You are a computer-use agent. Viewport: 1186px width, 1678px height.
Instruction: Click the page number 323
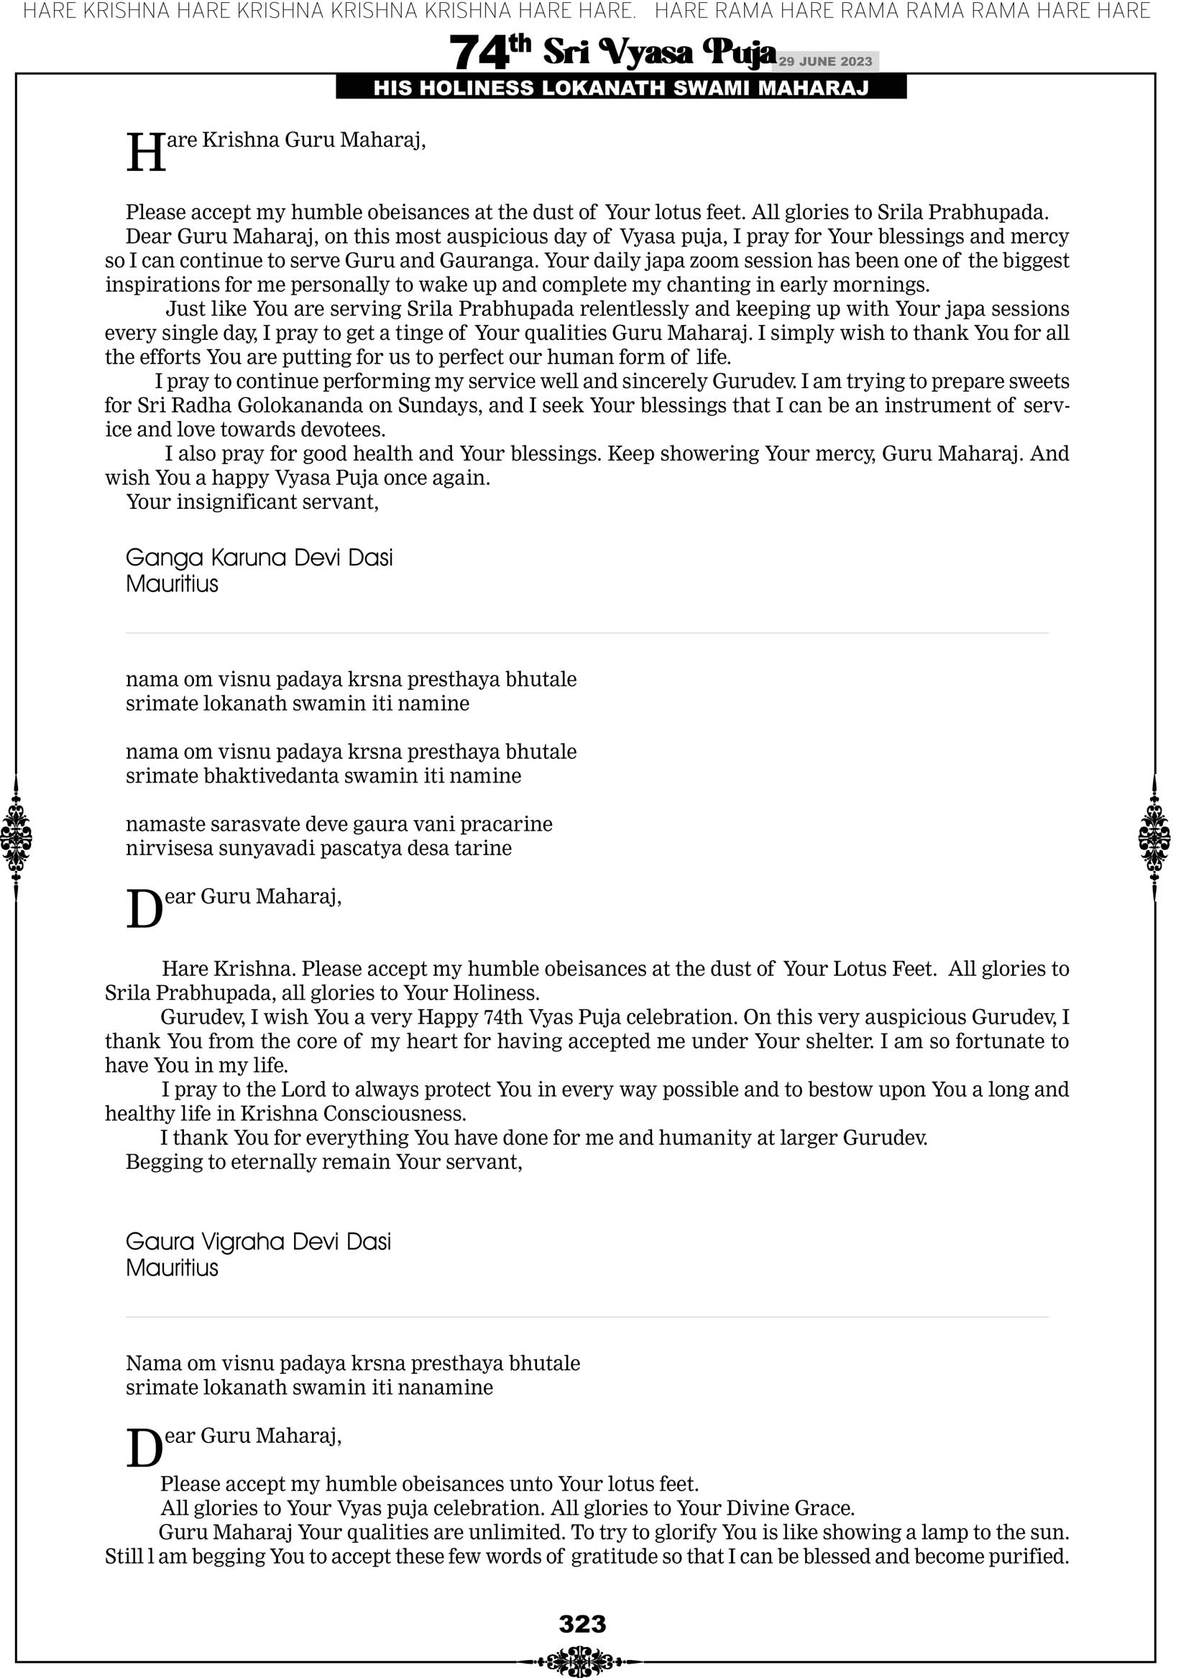[583, 1623]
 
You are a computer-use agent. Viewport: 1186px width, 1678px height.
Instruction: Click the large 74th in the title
[489, 52]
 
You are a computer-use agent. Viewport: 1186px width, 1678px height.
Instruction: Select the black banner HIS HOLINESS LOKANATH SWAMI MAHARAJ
[621, 88]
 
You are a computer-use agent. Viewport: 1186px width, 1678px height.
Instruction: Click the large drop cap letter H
[145, 153]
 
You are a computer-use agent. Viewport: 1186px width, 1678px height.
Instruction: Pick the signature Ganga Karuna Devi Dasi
[259, 558]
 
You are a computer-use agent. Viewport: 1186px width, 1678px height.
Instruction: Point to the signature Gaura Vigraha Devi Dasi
[258, 1242]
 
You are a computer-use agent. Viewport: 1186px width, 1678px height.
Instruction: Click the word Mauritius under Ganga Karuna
[172, 584]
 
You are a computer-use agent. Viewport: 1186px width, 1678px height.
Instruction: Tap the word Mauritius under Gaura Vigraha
[172, 1268]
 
